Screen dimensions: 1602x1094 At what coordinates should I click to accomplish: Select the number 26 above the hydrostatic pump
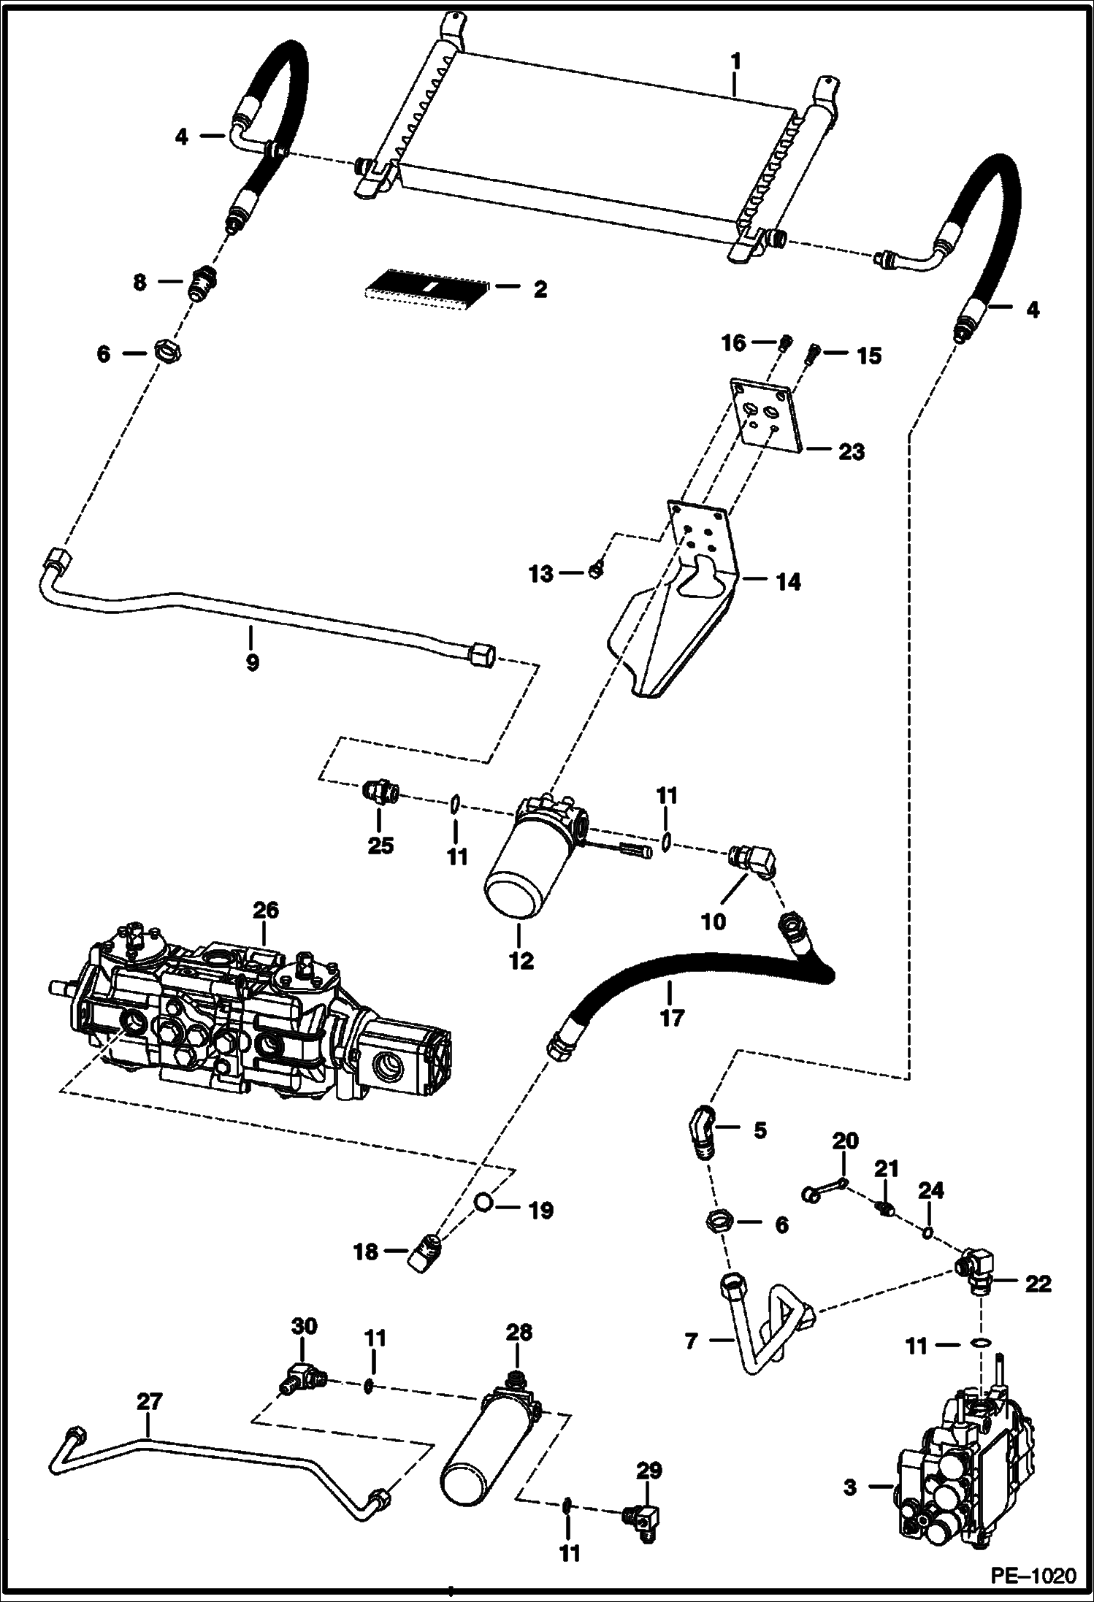click(x=266, y=911)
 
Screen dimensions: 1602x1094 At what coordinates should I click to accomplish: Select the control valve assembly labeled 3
click(x=957, y=1468)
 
